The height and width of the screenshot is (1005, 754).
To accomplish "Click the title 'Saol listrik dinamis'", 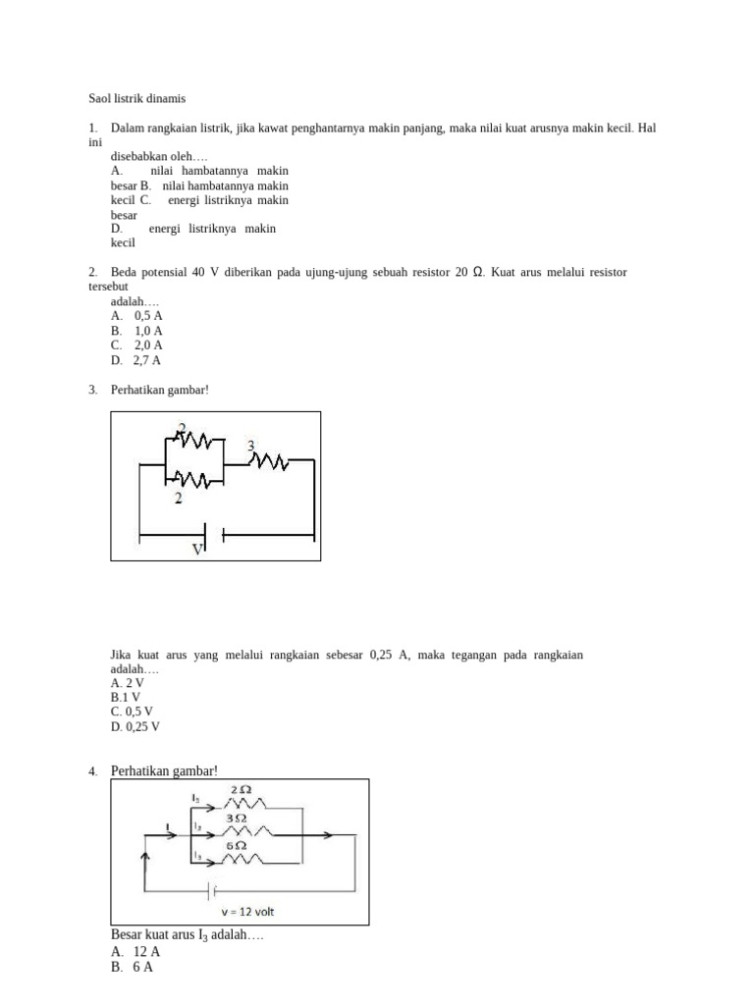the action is tap(136, 98).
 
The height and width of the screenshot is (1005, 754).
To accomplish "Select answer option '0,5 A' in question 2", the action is tap(148, 316).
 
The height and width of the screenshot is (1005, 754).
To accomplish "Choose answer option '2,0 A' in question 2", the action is tap(148, 345).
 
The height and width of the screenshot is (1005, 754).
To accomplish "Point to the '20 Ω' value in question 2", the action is tap(468, 272).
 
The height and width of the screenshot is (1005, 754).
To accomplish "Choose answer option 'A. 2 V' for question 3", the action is tap(128, 683).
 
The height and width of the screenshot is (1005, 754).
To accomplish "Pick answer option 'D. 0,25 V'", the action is tap(135, 727).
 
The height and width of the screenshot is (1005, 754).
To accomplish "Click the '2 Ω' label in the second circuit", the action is tap(242, 790).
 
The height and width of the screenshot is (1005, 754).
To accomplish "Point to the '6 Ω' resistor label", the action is tap(236, 845).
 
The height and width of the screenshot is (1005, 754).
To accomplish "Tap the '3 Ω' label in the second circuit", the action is tap(237, 817).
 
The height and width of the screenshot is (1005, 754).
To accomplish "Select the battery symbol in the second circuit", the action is tap(210, 891).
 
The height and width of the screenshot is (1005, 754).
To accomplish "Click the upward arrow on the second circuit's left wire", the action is tap(147, 861).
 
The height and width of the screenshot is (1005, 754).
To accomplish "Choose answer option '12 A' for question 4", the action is tap(146, 952).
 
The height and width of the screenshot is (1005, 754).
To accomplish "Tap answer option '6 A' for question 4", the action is tap(143, 967).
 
